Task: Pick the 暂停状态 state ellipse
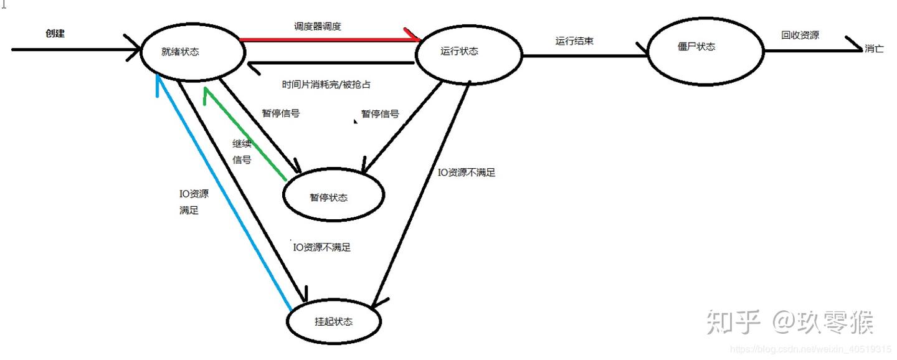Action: [333, 197]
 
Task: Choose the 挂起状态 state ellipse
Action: [333, 322]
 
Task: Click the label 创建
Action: [55, 34]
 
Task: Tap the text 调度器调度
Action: [318, 27]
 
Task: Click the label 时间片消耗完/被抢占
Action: [326, 84]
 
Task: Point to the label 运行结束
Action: [574, 41]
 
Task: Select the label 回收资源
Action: [800, 36]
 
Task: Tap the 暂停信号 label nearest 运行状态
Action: [380, 114]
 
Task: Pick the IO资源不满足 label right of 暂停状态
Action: [467, 173]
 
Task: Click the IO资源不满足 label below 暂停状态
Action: [322, 247]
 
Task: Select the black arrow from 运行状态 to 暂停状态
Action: [402, 128]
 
